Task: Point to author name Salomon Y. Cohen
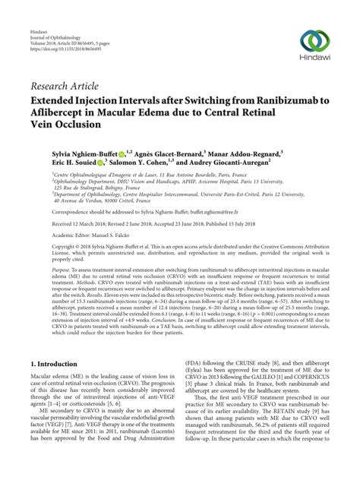pos(143,163)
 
